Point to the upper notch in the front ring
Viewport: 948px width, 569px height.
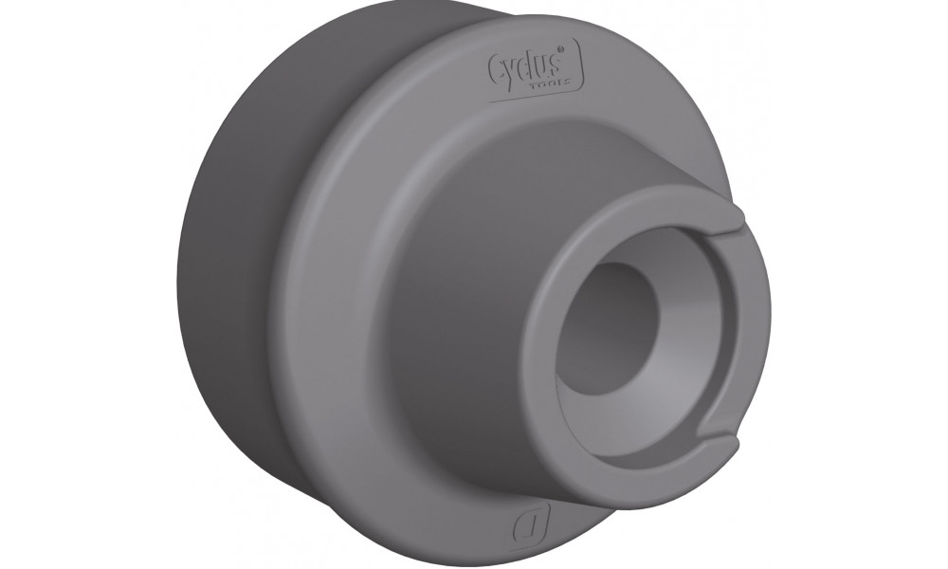735,229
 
